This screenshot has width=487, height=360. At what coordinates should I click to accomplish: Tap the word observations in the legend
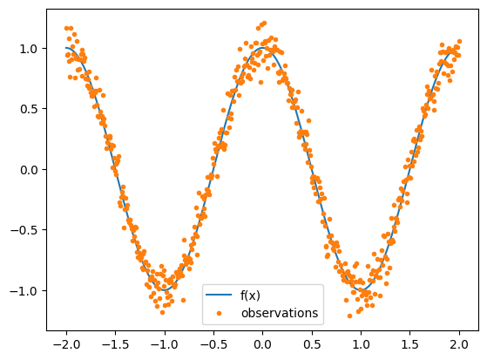click(279, 312)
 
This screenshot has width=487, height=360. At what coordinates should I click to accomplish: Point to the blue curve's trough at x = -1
click(164, 290)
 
